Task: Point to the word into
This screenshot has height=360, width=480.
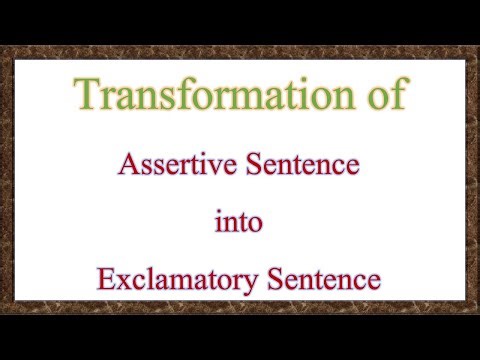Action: [239, 221]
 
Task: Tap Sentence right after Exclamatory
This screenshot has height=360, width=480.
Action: [324, 279]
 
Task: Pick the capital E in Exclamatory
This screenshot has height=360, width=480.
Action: [105, 279]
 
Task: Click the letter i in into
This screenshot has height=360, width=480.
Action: [219, 220]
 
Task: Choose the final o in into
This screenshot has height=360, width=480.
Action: [257, 223]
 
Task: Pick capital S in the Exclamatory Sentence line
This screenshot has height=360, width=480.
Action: [276, 279]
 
